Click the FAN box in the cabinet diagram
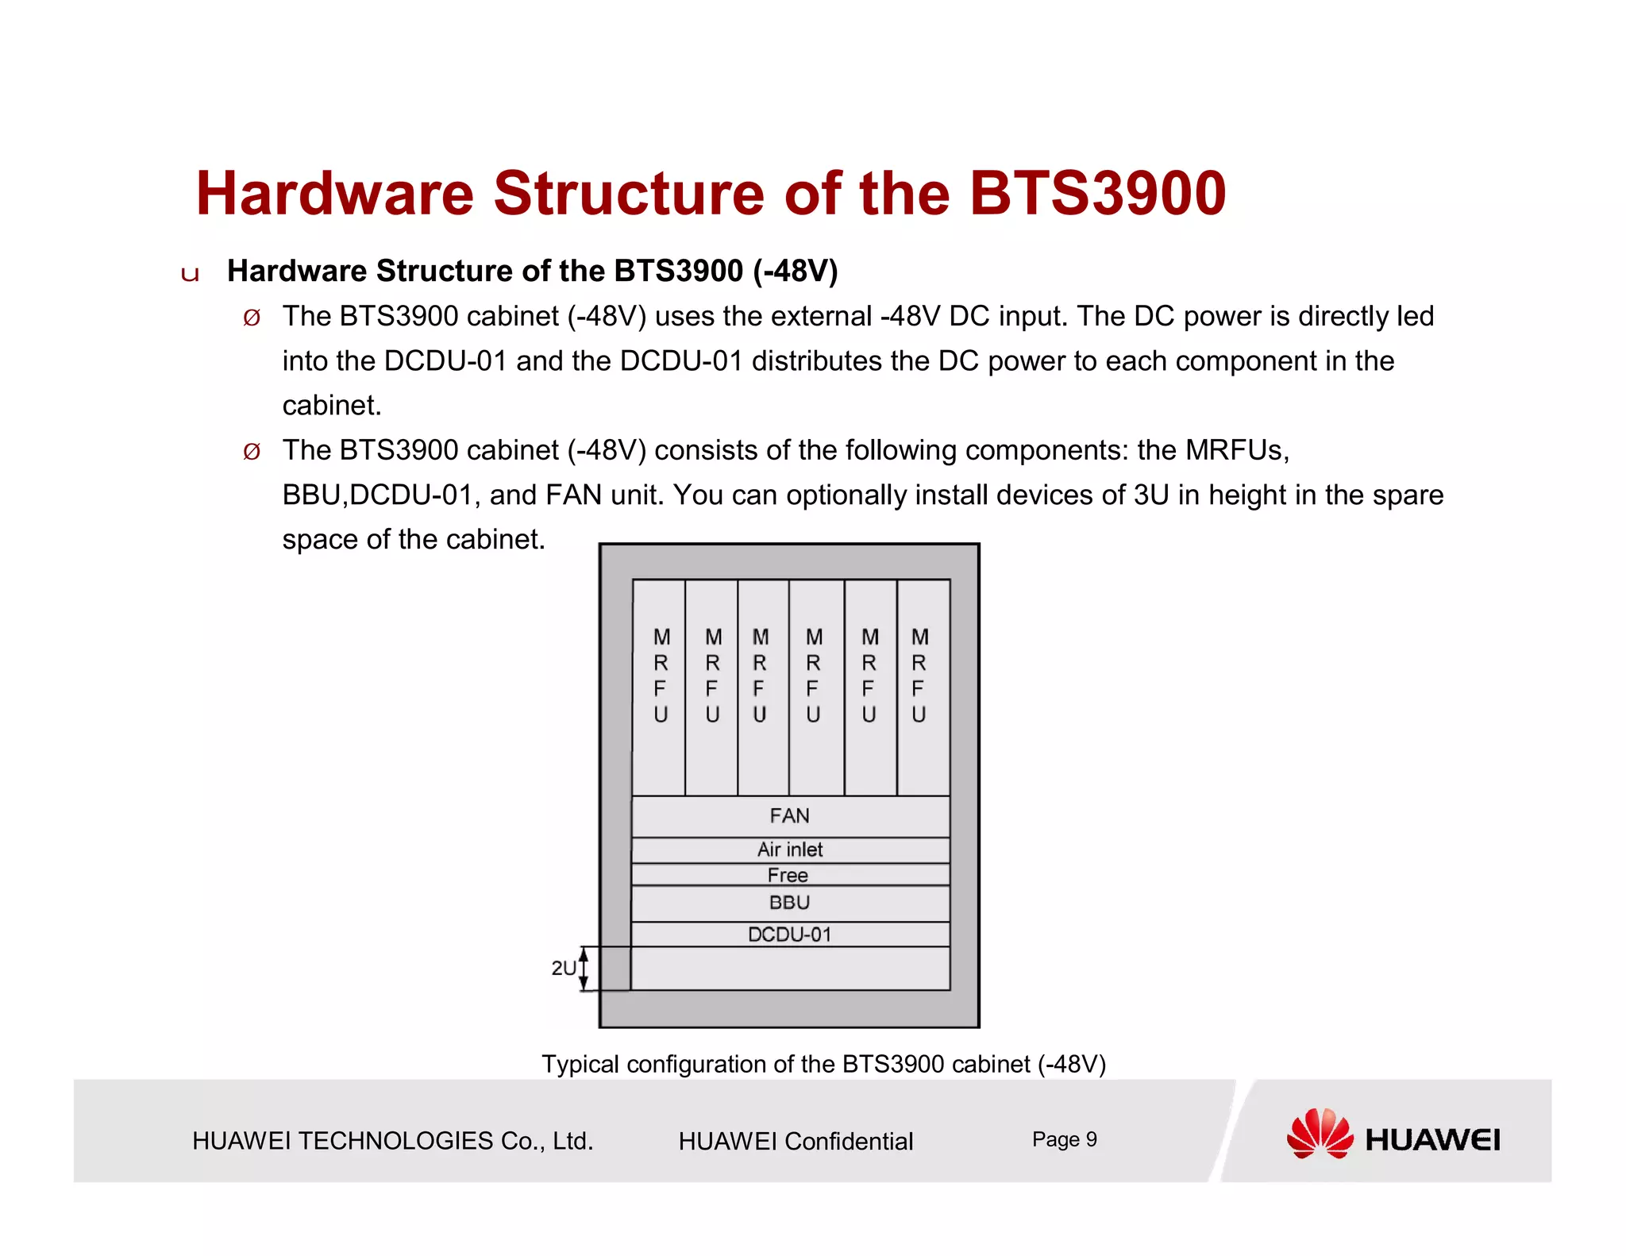click(x=790, y=816)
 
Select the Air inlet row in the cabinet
click(x=790, y=850)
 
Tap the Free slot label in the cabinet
click(x=788, y=875)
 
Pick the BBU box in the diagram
click(x=790, y=903)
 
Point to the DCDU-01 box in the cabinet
click(x=790, y=934)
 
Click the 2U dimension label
click(x=563, y=968)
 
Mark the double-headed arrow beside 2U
click(x=584, y=969)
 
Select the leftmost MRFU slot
click(x=660, y=687)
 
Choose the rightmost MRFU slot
click(x=923, y=687)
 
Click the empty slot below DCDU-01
click(x=790, y=968)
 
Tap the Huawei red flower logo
click(x=1320, y=1134)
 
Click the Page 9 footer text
click(x=1064, y=1139)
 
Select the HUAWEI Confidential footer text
click(x=796, y=1141)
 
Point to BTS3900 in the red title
click(x=1097, y=194)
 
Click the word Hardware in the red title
click(x=334, y=194)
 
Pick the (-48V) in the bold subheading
click(x=795, y=271)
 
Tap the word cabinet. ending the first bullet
click(x=332, y=406)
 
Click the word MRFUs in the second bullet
click(x=1236, y=450)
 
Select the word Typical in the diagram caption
click(x=580, y=1064)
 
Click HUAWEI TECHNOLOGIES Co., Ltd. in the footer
click(x=392, y=1141)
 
